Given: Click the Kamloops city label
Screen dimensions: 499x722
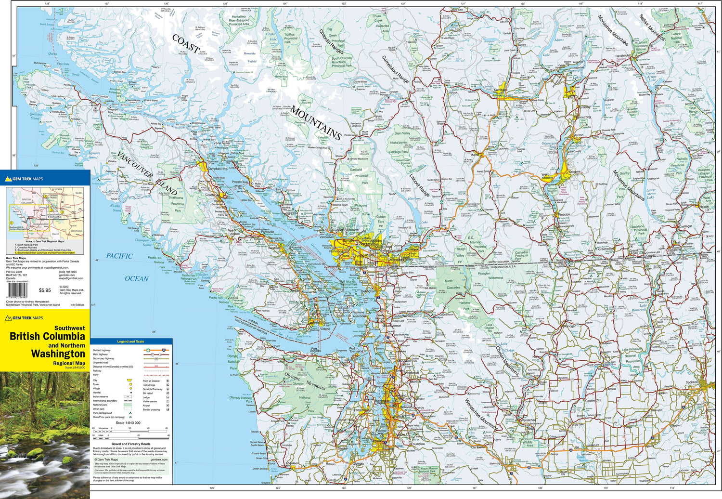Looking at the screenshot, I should coord(501,90).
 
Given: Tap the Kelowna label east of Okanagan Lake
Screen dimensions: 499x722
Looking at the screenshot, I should coord(574,172).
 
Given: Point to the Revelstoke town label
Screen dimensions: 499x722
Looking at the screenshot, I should coord(622,56).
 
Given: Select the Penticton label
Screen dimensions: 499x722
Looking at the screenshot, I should coord(564,214).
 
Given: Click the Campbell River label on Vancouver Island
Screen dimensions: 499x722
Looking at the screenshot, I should coord(218,170).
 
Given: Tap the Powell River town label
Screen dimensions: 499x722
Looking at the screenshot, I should coord(240,182).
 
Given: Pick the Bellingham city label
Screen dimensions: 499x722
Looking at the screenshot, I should coord(369,291).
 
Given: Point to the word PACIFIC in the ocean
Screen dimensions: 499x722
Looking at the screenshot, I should coord(119,256).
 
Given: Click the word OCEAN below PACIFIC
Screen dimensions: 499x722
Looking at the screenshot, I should coord(137,278).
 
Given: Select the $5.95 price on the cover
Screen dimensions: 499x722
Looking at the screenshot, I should coord(45,290).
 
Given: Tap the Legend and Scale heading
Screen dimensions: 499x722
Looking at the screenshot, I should coord(130,341).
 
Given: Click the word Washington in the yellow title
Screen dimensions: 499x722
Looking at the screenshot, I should coord(58,354).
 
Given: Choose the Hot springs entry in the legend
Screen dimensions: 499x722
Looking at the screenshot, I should coord(149,385).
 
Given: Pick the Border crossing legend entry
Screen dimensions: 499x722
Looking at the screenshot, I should coord(151,410).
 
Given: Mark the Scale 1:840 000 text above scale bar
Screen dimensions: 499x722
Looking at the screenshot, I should coord(128,423).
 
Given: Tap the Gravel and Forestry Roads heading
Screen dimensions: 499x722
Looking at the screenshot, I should coord(131,444).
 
